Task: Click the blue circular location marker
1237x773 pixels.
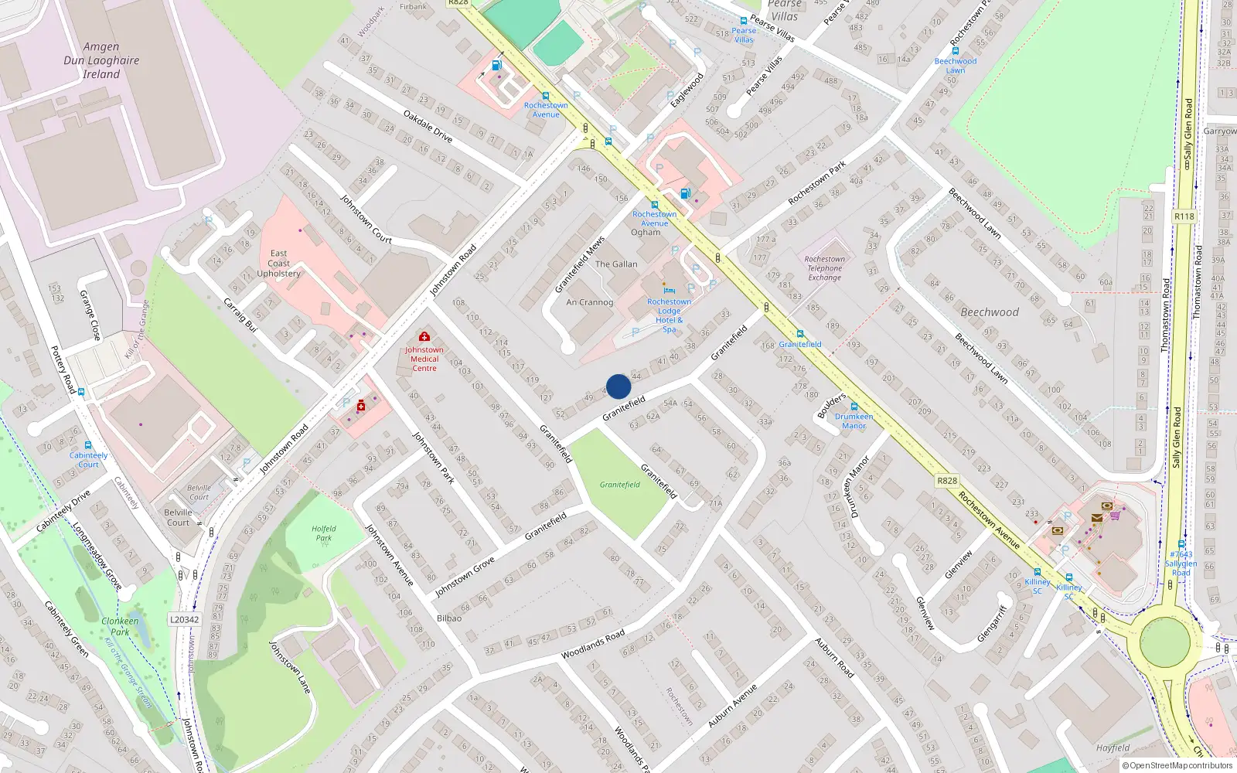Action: pyautogui.click(x=618, y=386)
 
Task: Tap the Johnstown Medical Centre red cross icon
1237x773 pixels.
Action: pyautogui.click(x=424, y=336)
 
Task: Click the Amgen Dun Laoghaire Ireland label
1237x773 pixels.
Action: pyautogui.click(x=101, y=61)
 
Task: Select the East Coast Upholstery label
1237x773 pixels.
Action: pyautogui.click(x=279, y=264)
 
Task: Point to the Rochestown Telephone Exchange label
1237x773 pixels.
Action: pyautogui.click(x=825, y=268)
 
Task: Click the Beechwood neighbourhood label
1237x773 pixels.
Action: pyautogui.click(x=990, y=312)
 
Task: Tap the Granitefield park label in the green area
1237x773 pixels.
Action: pyautogui.click(x=620, y=485)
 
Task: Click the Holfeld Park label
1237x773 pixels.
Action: pyautogui.click(x=324, y=533)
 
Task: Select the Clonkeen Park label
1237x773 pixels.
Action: pyautogui.click(x=120, y=626)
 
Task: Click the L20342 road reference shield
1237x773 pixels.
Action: pyautogui.click(x=184, y=619)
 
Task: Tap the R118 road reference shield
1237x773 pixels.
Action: pyautogui.click(x=1184, y=216)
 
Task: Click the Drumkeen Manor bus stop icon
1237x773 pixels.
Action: pyautogui.click(x=854, y=407)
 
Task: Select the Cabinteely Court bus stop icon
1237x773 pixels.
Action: pyautogui.click(x=88, y=446)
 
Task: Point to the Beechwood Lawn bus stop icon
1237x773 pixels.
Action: pyautogui.click(x=956, y=51)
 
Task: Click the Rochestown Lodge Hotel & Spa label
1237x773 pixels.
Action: pyautogui.click(x=670, y=315)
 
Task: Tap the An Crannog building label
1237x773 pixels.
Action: pyautogui.click(x=589, y=302)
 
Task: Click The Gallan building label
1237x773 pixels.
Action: pyautogui.click(x=616, y=264)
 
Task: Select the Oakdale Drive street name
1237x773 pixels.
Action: pyautogui.click(x=428, y=126)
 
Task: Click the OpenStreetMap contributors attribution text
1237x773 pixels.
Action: pyautogui.click(x=1178, y=765)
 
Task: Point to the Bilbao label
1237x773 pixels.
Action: pyautogui.click(x=449, y=618)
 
